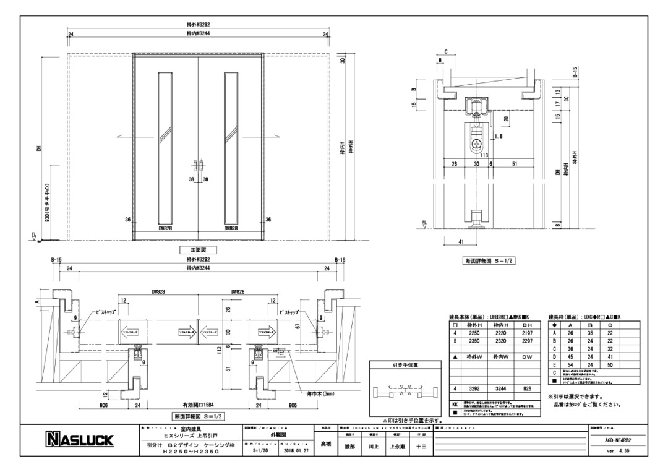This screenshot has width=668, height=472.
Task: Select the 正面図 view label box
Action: point(197,251)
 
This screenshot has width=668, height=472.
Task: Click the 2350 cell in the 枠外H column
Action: point(473,341)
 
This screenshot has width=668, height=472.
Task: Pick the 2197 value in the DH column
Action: point(527,333)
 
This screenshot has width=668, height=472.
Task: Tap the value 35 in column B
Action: point(590,333)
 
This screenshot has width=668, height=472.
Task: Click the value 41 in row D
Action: point(610,357)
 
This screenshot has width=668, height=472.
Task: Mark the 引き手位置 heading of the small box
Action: point(405,365)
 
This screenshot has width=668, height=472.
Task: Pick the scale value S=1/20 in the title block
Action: point(263,451)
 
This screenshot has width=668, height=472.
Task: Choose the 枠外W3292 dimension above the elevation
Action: point(197,24)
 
